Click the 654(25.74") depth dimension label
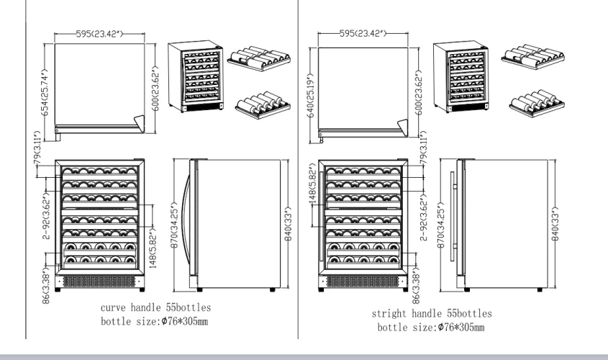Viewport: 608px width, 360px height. (x=45, y=90)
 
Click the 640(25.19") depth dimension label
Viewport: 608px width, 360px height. (x=311, y=88)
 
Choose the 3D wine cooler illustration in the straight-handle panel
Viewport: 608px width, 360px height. (x=460, y=78)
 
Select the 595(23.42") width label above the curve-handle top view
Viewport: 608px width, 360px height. (x=106, y=34)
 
